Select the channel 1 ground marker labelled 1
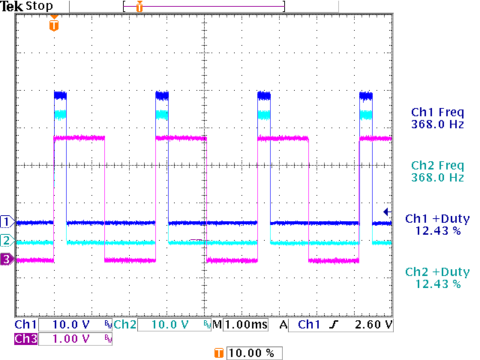[7, 222]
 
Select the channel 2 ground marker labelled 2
[7, 241]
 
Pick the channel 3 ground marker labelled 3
[7, 259]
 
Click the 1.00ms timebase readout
[244, 325]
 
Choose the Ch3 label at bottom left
[25, 339]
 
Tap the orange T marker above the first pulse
[52, 25]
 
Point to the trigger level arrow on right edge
[387, 212]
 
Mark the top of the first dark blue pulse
[60, 95]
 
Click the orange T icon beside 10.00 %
[218, 352]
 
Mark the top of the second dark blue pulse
[162, 95]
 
